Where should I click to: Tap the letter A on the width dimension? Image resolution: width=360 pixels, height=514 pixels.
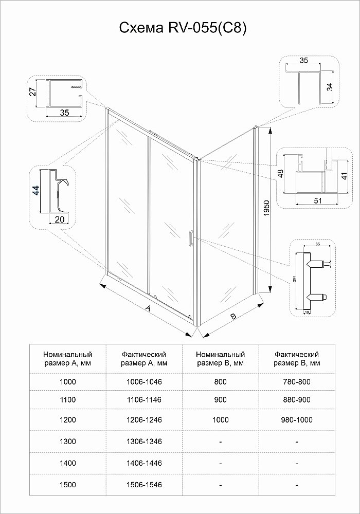coord(148,308)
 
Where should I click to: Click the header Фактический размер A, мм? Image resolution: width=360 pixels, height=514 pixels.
coord(143,359)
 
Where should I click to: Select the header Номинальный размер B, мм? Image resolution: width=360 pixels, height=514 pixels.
coord(220,359)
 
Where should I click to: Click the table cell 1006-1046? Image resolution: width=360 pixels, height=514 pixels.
coord(143,381)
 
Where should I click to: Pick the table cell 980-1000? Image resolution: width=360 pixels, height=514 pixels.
coord(297,419)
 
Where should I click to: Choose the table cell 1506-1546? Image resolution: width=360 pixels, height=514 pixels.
coord(143,484)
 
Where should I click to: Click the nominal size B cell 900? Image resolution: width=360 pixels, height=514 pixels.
coord(220,399)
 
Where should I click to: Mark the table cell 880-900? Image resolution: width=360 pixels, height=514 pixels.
coord(297,399)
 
